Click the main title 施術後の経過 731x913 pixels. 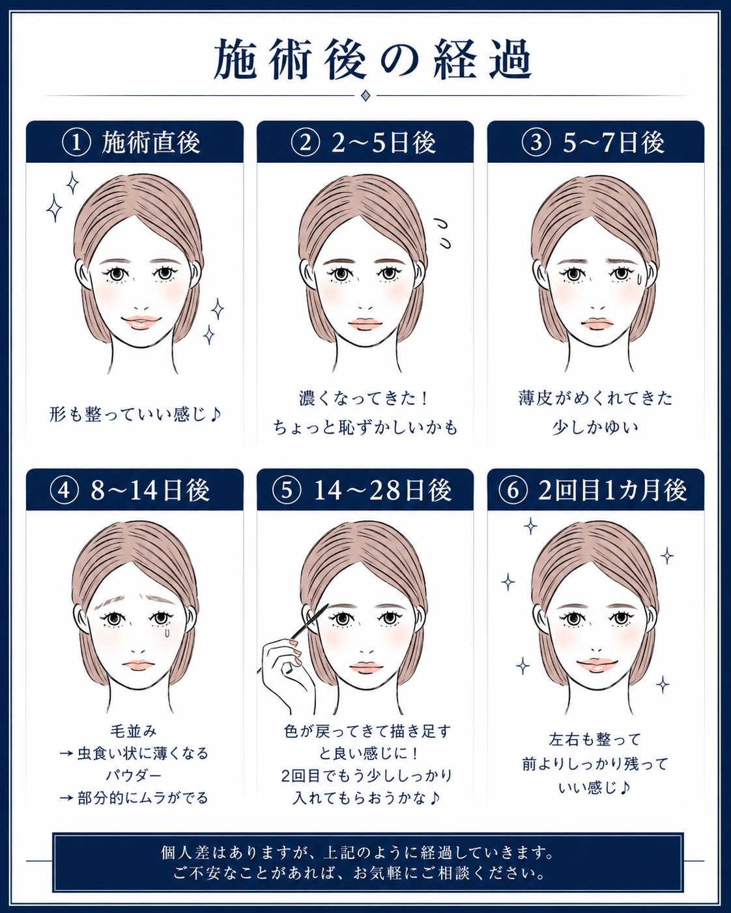[x=372, y=59]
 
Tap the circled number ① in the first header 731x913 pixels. [x=76, y=142]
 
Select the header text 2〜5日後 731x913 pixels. [x=384, y=142]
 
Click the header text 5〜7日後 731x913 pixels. [x=614, y=142]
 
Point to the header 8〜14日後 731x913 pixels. [x=150, y=490]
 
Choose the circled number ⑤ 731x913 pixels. [x=287, y=490]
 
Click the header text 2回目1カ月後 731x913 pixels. [x=612, y=490]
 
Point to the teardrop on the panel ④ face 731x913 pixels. [x=168, y=632]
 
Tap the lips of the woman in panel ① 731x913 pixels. [x=141, y=322]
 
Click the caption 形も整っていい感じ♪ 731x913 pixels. [x=136, y=414]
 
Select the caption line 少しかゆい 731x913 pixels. [x=595, y=427]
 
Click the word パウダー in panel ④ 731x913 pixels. [x=134, y=776]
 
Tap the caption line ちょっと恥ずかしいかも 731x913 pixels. [x=365, y=427]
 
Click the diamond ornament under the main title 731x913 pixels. [x=365, y=96]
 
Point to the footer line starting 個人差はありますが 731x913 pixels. [x=357, y=852]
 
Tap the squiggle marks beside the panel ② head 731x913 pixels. [x=442, y=233]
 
